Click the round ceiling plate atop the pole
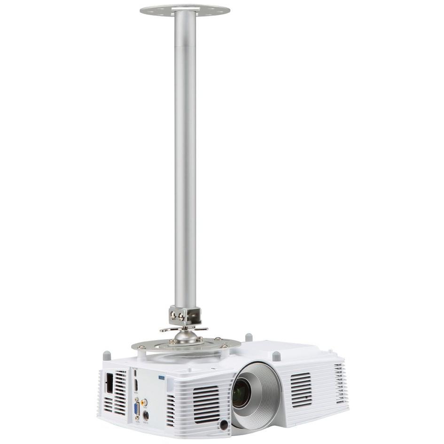[185, 9]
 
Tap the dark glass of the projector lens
[241, 393]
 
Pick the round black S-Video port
[146, 415]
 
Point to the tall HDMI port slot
[136, 385]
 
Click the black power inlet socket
[109, 382]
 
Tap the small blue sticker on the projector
[162, 377]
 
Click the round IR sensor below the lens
[224, 424]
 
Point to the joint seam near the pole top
[185, 46]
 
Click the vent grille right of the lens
[301, 389]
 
